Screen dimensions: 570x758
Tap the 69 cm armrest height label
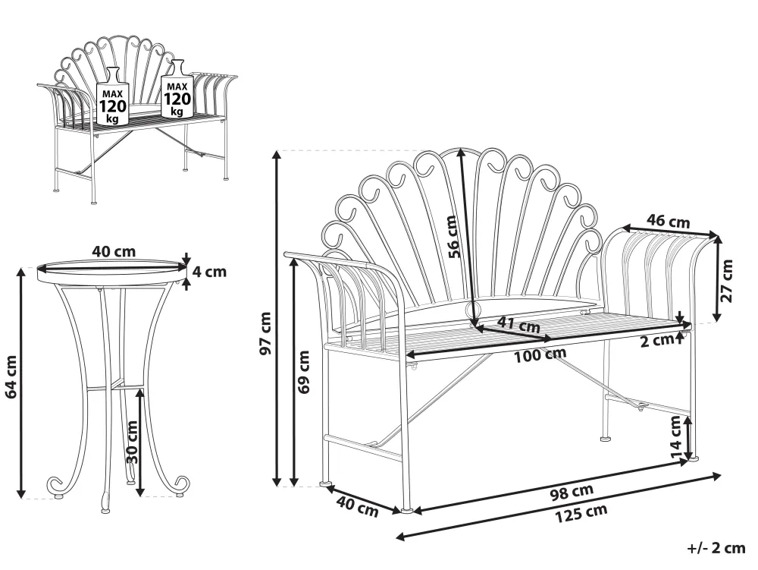pos(304,372)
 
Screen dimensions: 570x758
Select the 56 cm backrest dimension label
pos(453,236)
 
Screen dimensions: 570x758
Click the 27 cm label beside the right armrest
pos(728,281)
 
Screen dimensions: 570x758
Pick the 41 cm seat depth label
pos(518,326)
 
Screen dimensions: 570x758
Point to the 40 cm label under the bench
pos(356,506)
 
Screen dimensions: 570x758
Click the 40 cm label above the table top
pos(113,250)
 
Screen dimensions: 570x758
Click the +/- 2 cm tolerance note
pos(716,548)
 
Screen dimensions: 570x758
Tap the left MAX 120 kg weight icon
pos(112,96)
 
